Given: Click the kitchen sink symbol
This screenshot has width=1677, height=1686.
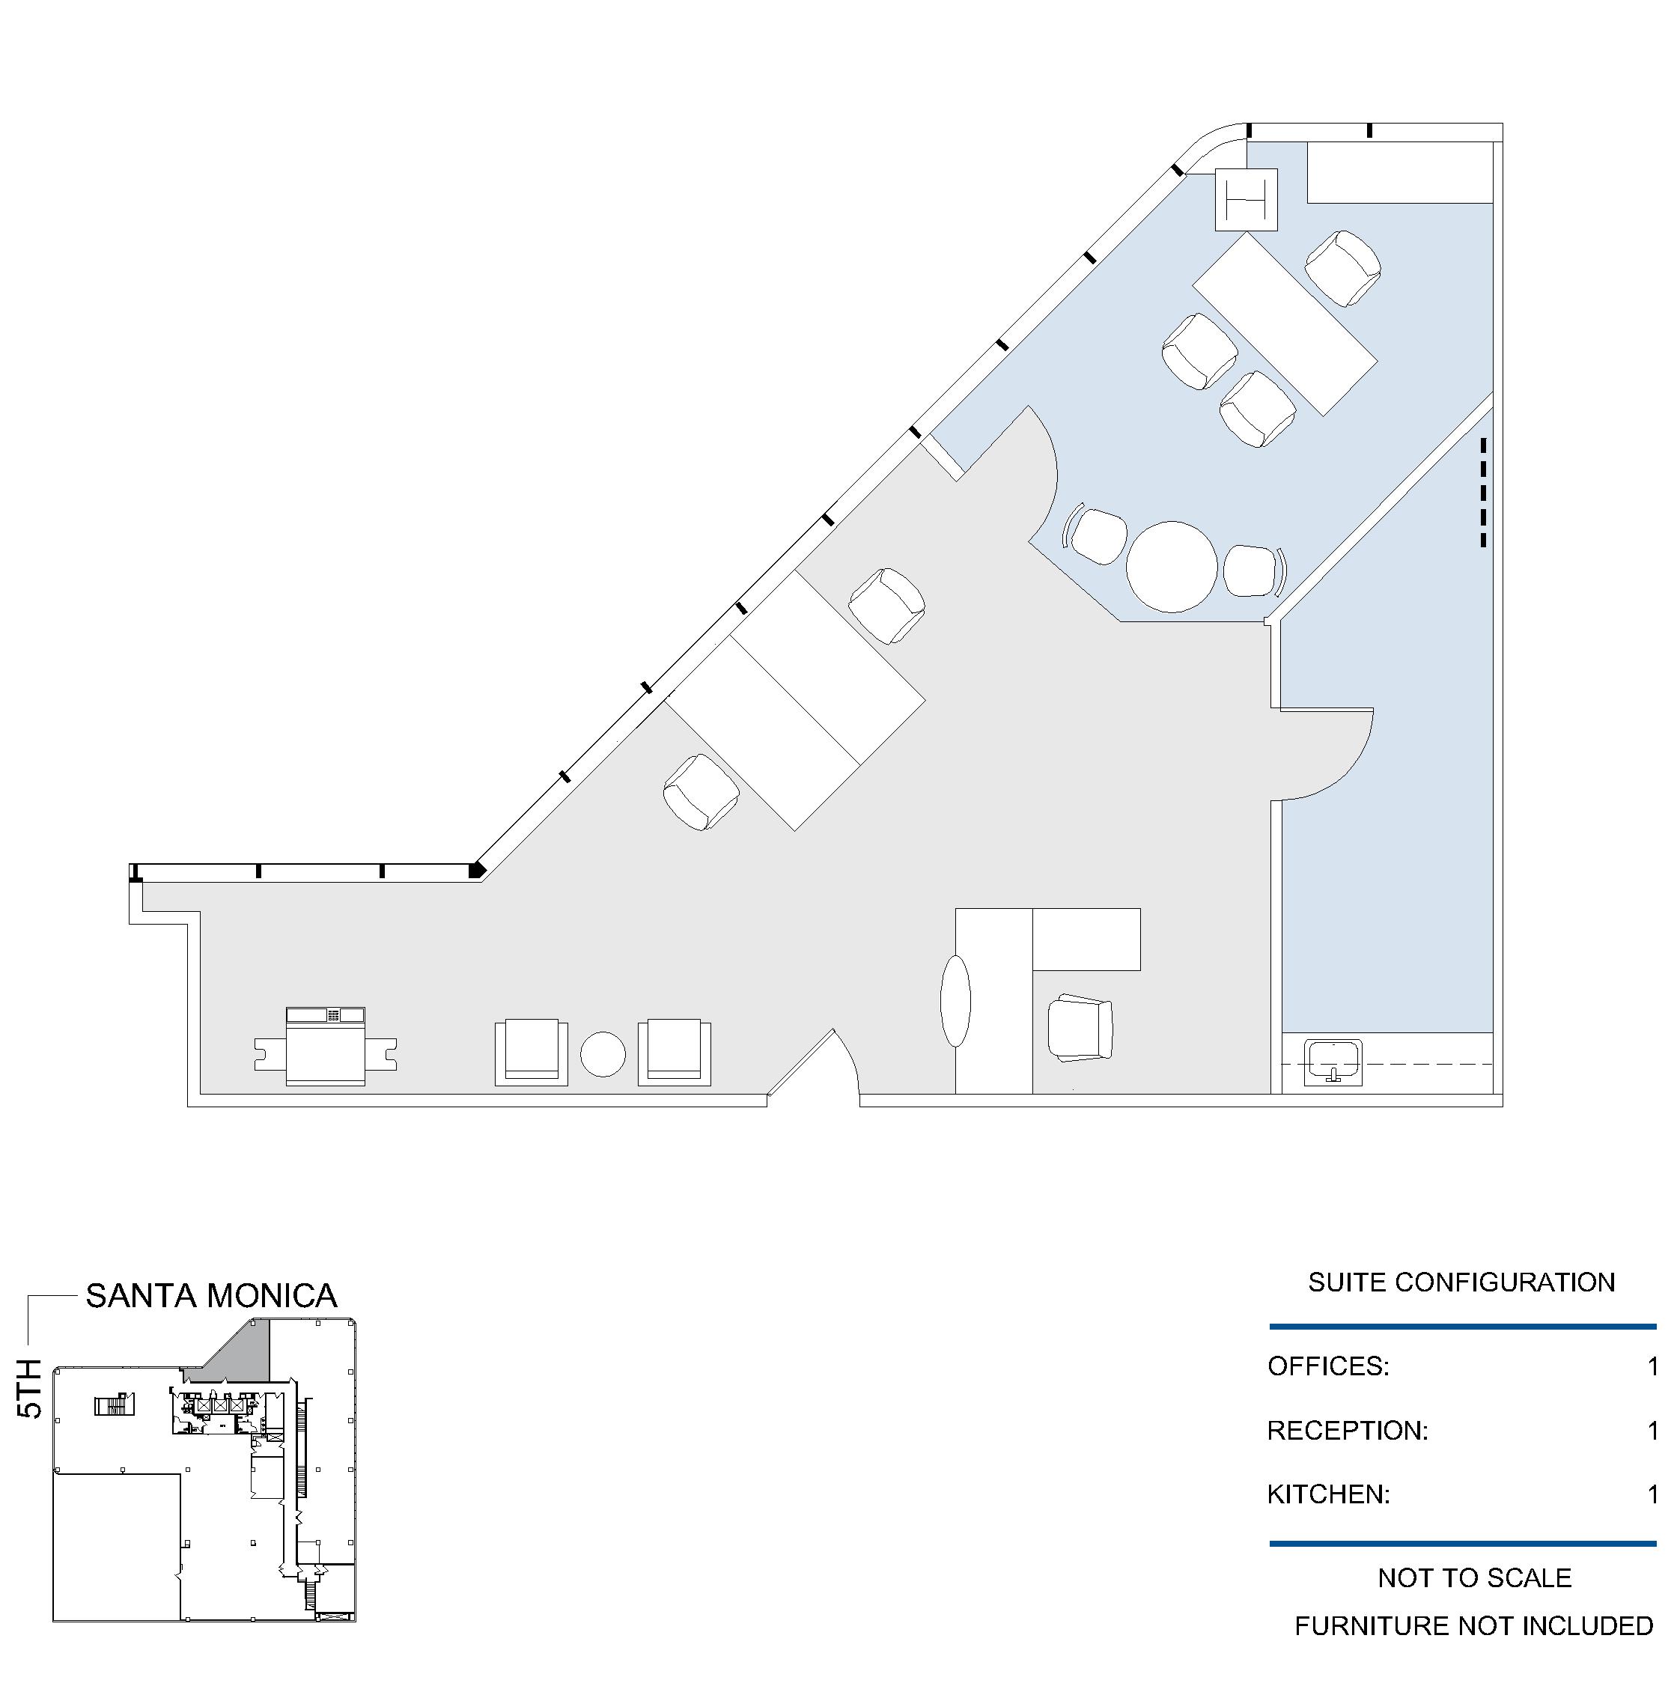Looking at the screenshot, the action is point(1333,1062).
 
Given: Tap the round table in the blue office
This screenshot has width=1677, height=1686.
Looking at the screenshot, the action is point(1171,566).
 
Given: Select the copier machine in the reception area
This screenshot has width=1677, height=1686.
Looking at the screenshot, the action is point(326,1047).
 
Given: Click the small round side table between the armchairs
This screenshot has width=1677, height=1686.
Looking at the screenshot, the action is point(603,1054).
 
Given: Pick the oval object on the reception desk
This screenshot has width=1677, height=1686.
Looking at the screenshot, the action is point(955,1001).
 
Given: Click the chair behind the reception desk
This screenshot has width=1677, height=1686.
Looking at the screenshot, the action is point(1080,1027).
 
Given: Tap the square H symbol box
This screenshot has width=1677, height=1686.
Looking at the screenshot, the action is point(1246,200).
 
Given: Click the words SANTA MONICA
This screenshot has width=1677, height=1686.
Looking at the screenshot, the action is point(211,1296).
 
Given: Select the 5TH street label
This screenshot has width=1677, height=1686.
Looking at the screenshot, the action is point(30,1389).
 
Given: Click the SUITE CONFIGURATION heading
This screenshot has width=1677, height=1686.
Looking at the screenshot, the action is point(1461,1282).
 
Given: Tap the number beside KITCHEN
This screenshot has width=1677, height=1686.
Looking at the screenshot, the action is point(1652,1494).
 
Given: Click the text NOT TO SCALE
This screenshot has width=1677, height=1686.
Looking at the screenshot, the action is point(1475,1577).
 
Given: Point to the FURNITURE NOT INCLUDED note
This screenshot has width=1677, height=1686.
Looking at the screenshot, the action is point(1473,1626).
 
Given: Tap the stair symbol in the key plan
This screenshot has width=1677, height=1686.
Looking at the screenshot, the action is point(115,1405).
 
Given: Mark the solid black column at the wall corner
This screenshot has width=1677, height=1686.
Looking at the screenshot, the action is point(476,870).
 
